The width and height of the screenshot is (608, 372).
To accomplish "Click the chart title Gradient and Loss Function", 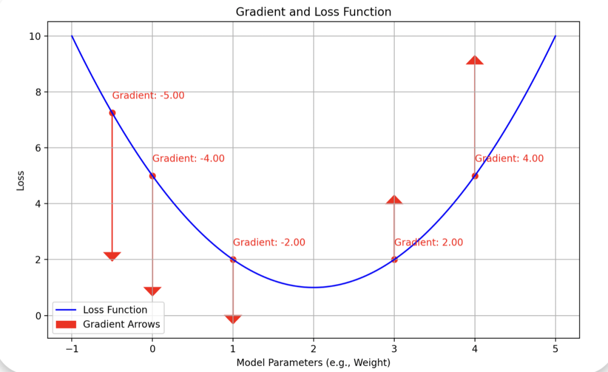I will click(x=313, y=12).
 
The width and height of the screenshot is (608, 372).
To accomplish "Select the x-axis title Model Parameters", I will click(x=313, y=362).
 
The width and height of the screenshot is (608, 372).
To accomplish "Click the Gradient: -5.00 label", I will click(x=148, y=96).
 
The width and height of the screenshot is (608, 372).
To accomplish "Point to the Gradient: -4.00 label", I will click(x=188, y=159).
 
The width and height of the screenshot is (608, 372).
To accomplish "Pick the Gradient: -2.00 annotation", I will click(x=269, y=243).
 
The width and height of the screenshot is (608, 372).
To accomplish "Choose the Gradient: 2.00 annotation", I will click(x=428, y=243).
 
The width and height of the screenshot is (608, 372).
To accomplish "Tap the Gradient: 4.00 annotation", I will click(x=509, y=159).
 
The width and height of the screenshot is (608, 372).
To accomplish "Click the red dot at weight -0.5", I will click(x=112, y=113).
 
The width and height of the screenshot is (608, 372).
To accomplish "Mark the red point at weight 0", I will click(x=153, y=176).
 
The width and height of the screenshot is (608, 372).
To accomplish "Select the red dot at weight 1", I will click(x=233, y=259).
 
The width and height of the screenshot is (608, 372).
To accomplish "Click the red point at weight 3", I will click(x=394, y=259).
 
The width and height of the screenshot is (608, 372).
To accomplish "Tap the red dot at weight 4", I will click(x=475, y=176).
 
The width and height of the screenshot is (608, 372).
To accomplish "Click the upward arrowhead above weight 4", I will click(x=475, y=60).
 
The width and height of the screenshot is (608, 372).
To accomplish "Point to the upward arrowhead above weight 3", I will click(x=394, y=199).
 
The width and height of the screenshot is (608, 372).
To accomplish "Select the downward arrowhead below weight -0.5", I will click(x=112, y=257).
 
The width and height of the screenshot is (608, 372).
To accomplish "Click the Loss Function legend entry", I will click(x=115, y=310).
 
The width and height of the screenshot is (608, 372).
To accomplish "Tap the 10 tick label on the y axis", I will click(x=35, y=36).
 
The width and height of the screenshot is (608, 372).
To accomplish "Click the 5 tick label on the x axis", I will click(x=556, y=348).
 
